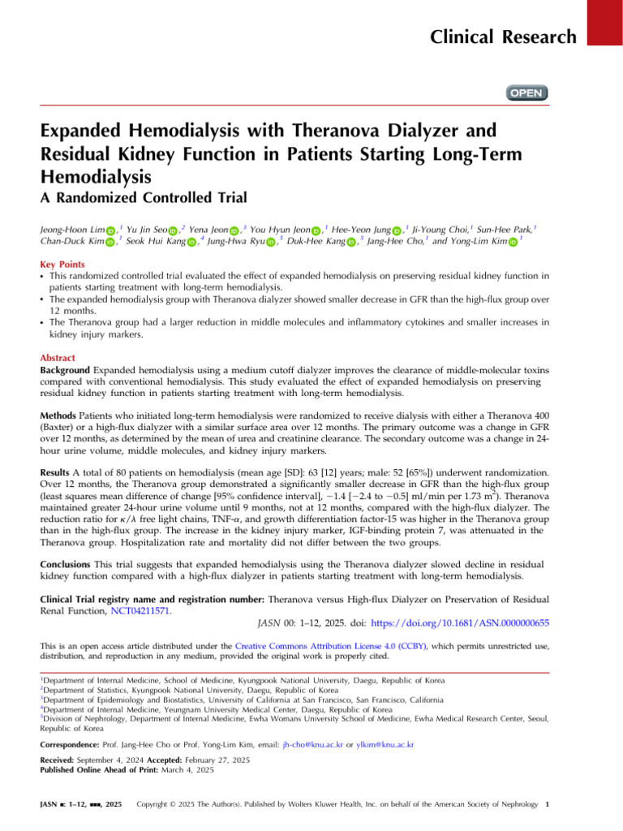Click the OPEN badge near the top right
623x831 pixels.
pos(526,93)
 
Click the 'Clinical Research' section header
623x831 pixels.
pos(504,37)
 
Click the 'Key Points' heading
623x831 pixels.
pos(64,265)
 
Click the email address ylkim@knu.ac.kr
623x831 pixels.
pos(385,743)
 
